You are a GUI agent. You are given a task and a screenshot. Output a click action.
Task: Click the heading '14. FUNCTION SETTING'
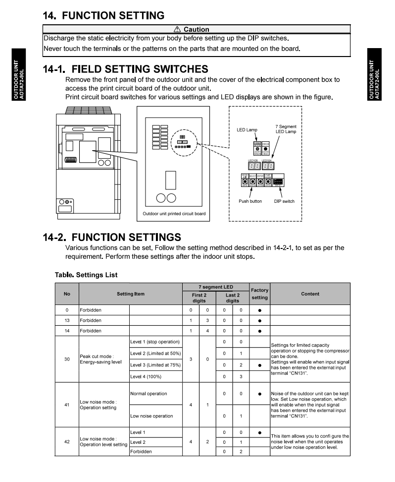(103, 15)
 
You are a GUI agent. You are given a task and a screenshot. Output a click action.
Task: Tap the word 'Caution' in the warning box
(196, 29)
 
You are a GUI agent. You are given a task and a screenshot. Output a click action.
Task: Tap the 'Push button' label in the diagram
(250, 201)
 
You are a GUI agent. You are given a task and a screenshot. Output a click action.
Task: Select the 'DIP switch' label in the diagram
(284, 201)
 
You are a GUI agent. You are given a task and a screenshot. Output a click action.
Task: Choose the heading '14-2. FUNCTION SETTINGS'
(112, 237)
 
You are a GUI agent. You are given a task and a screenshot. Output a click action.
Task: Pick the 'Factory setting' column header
(259, 294)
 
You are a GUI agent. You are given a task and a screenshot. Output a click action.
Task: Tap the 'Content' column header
(310, 294)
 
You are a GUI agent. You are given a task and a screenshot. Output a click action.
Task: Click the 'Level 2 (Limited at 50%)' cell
(154, 353)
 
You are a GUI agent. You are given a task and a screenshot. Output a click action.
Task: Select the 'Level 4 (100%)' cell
(147, 377)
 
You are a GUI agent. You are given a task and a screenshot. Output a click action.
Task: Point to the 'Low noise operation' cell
(151, 416)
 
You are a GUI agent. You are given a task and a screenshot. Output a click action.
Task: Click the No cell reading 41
(67, 405)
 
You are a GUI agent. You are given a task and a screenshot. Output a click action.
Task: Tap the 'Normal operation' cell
(148, 394)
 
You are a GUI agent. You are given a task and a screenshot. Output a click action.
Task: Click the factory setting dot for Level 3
(259, 365)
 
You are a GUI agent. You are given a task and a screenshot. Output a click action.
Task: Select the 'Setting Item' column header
(131, 294)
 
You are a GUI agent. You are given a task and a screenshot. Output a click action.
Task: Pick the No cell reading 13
(67, 320)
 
